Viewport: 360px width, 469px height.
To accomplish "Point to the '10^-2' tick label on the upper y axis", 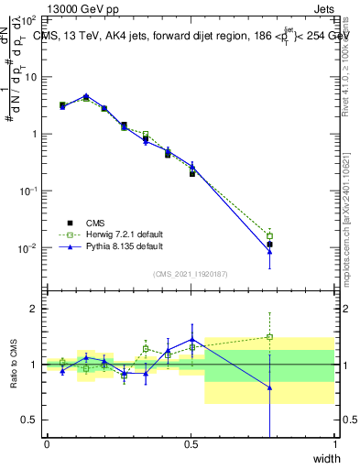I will pyautogui.click(x=27, y=248).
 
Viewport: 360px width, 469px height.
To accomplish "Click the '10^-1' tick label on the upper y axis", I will pyautogui.click(x=27, y=191).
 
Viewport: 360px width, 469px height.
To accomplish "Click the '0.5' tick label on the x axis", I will pyautogui.click(x=191, y=444).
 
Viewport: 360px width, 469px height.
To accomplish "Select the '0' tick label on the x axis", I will pyautogui.click(x=47, y=444).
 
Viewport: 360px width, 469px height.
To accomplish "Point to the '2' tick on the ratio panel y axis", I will pyautogui.click(x=35, y=309).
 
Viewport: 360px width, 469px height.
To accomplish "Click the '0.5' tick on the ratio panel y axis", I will pyautogui.click(x=31, y=420).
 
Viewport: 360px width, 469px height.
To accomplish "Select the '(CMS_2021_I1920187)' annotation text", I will pyautogui.click(x=190, y=272).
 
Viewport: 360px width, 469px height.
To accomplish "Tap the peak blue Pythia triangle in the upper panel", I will pyautogui.click(x=86, y=95).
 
